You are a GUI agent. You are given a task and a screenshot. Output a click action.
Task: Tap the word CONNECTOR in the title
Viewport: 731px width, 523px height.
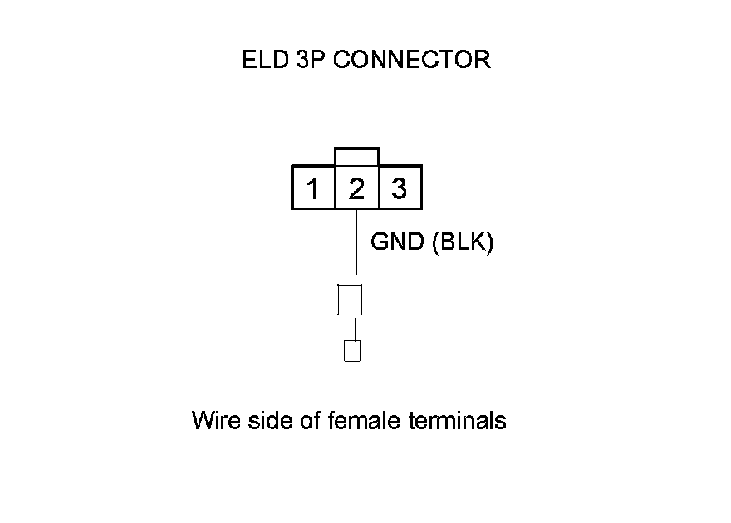pos(412,60)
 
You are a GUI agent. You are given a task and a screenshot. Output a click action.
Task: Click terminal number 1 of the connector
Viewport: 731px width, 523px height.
pos(313,189)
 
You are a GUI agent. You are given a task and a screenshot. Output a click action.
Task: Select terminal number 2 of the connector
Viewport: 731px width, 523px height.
pos(356,189)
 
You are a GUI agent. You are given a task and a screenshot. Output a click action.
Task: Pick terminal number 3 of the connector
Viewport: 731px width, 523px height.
pos(400,189)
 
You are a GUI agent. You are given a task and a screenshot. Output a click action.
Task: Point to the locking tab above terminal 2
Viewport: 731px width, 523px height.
pos(356,156)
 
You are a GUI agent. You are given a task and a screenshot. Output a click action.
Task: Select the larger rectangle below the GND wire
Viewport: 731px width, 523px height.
pos(351,299)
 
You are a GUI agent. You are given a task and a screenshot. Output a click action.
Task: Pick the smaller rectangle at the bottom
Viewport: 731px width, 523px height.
pos(352,351)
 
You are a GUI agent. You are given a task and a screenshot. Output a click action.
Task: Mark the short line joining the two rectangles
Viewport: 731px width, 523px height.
pos(356,328)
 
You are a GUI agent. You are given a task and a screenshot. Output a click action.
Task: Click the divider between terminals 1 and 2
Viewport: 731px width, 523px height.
pos(335,188)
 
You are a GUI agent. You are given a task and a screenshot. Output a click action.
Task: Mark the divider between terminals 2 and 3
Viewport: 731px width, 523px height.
pos(379,188)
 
